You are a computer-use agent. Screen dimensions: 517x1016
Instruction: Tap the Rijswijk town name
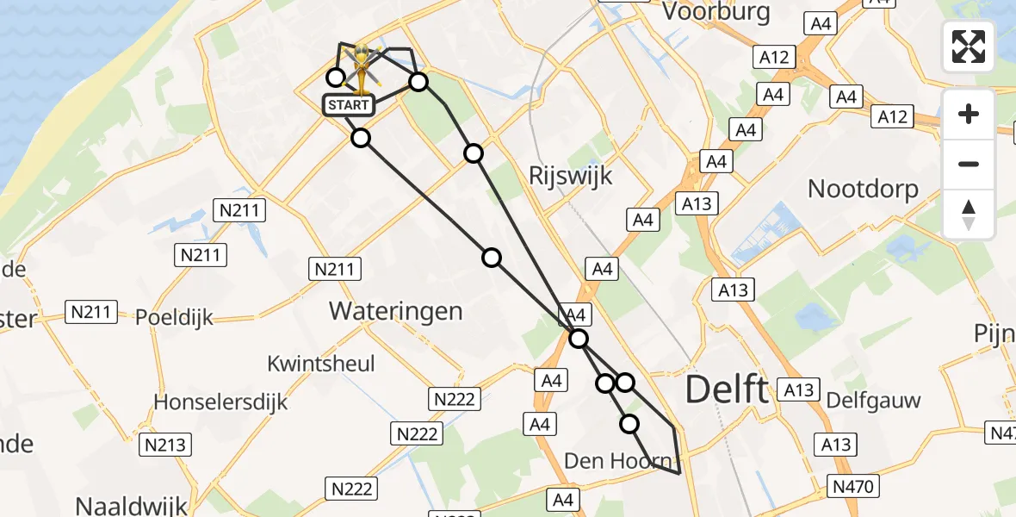[570, 176]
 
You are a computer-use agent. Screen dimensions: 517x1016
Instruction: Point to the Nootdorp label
[863, 189]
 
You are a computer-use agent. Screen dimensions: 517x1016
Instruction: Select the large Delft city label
[726, 390]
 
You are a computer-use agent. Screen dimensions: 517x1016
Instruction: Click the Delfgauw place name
[873, 400]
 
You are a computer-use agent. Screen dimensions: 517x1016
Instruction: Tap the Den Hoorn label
[617, 461]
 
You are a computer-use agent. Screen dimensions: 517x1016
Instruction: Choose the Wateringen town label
[395, 311]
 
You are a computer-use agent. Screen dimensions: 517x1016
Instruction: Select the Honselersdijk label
[220, 402]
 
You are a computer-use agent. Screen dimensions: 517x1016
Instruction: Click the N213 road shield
[168, 445]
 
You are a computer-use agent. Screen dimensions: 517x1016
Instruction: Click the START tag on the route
[349, 105]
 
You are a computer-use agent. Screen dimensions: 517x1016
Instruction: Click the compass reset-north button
[969, 215]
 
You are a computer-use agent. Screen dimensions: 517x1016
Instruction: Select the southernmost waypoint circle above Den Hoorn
[629, 423]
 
